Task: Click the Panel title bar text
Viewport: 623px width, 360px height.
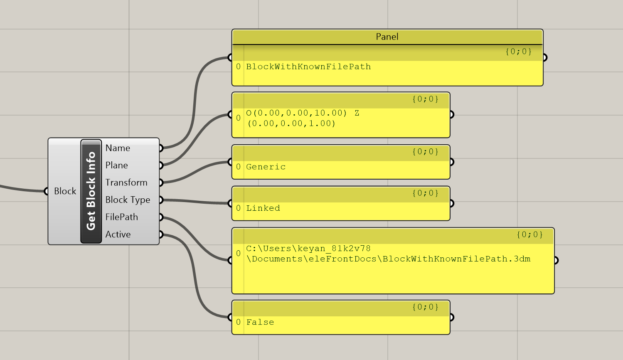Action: click(x=387, y=37)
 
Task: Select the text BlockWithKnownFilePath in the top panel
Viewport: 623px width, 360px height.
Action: click(x=308, y=67)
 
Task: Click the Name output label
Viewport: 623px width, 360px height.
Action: click(x=118, y=148)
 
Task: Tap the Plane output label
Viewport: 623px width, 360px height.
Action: click(x=116, y=165)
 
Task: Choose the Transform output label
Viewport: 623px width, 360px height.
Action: click(x=126, y=182)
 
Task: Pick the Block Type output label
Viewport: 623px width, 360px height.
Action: click(x=128, y=200)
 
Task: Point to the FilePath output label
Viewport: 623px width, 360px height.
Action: click(x=121, y=217)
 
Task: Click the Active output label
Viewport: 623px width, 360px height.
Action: click(x=118, y=234)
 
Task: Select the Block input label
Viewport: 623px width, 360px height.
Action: click(x=65, y=191)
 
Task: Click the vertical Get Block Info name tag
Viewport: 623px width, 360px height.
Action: click(x=91, y=191)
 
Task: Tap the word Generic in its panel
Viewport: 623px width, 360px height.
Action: click(x=266, y=167)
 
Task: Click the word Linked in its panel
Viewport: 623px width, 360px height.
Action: click(x=263, y=208)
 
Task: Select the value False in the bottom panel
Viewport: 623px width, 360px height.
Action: click(x=260, y=322)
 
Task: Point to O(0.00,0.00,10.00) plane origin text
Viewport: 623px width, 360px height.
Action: click(x=296, y=113)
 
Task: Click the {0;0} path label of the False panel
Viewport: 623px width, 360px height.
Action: click(x=425, y=307)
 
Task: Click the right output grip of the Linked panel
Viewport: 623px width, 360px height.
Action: click(x=452, y=203)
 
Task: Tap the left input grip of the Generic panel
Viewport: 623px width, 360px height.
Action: click(x=230, y=162)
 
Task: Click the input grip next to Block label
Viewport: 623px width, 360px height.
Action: click(x=46, y=191)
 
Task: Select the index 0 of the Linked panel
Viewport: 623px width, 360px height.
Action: click(x=238, y=208)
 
